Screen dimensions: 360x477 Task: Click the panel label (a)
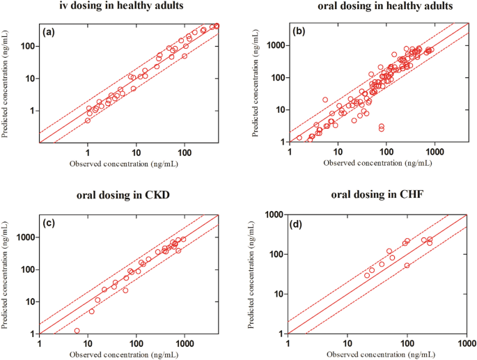click(49, 32)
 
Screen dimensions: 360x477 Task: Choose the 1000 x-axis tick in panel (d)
click(466, 344)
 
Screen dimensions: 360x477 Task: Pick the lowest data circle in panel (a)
click(88, 120)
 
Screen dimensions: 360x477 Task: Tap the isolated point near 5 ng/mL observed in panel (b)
click(324, 100)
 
